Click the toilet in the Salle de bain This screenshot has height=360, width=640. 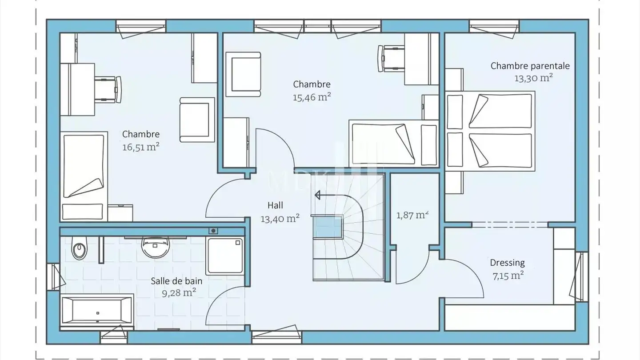click(79, 248)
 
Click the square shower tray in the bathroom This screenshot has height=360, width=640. click(225, 256)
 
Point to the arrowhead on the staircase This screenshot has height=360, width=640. click(317, 195)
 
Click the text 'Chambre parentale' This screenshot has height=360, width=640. click(530, 66)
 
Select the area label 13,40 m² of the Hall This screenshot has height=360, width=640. click(280, 219)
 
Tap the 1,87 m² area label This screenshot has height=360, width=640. click(412, 215)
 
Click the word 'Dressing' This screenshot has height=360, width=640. click(507, 263)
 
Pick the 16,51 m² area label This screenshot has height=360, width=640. click(141, 147)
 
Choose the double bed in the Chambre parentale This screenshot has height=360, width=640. click(490, 131)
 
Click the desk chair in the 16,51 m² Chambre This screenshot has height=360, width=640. click(108, 89)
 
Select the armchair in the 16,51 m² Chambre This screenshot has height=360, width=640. click(197, 120)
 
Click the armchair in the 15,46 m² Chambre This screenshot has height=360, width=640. click(243, 74)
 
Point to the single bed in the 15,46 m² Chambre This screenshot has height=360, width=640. click(394, 144)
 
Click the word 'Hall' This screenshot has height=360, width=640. click(275, 205)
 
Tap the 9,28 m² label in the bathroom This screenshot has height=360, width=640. click(179, 293)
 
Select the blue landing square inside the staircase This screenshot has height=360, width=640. click(328, 228)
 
